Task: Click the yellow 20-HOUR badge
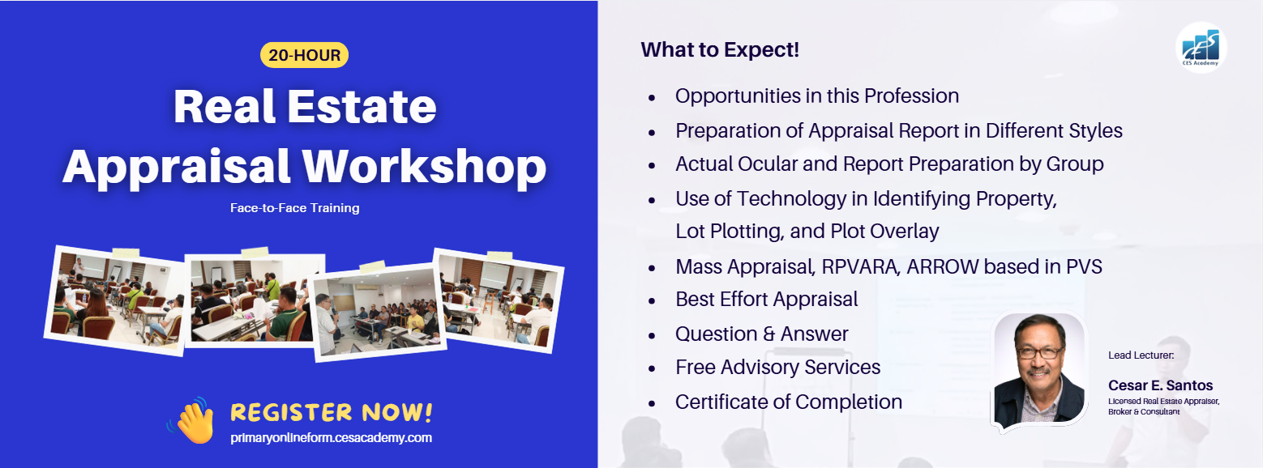pos(304,55)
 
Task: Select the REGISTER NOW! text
pos(331,411)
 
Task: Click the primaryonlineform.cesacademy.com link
pos(331,437)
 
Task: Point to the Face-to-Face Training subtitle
pos(294,208)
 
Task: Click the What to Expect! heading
pos(720,49)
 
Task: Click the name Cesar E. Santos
pos(1160,385)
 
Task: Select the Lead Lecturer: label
pos(1141,355)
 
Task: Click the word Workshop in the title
pos(424,167)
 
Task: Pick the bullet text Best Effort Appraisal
pos(766,299)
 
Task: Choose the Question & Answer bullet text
pos(762,334)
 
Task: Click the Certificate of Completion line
pos(789,402)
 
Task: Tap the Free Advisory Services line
pos(778,367)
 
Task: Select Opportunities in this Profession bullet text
pos(817,96)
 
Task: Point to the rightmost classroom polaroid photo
pos(498,300)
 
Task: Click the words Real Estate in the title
pos(305,106)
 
